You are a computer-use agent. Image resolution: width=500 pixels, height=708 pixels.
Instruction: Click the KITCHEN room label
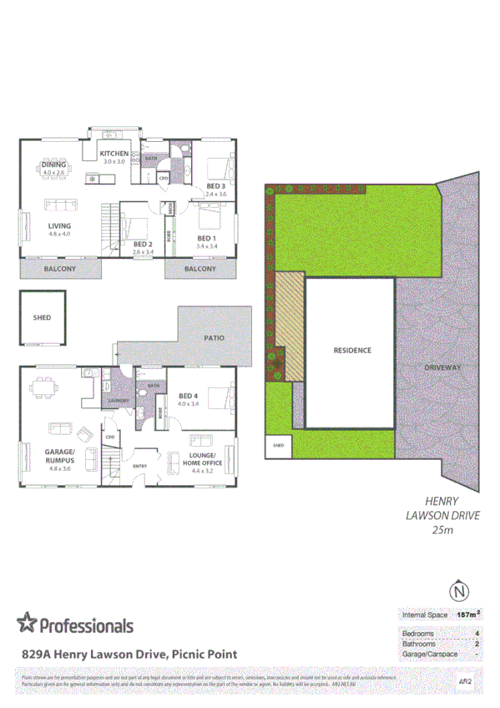point(114,154)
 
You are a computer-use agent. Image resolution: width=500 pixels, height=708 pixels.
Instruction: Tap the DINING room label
point(53,165)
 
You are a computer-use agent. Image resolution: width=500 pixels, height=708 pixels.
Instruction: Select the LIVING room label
point(59,226)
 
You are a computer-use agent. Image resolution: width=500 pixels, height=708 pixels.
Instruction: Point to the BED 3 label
point(216,185)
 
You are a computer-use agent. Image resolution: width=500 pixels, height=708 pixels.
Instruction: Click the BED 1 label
point(206,237)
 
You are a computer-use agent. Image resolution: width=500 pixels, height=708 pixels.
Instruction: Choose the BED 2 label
point(143,244)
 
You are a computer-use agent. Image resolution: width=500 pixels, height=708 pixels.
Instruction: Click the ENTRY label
point(139,466)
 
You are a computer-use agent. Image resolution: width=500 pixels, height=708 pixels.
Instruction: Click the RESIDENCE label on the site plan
point(351,351)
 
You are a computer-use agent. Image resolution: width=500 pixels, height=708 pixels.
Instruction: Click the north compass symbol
point(457,591)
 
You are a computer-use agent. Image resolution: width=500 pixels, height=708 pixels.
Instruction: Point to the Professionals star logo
point(28,623)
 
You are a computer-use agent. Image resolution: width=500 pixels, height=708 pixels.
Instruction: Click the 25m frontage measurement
point(442,529)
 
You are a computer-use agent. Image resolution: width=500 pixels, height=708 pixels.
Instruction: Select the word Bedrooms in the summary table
point(419,634)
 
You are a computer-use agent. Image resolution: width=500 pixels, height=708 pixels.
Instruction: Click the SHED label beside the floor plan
point(42,318)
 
